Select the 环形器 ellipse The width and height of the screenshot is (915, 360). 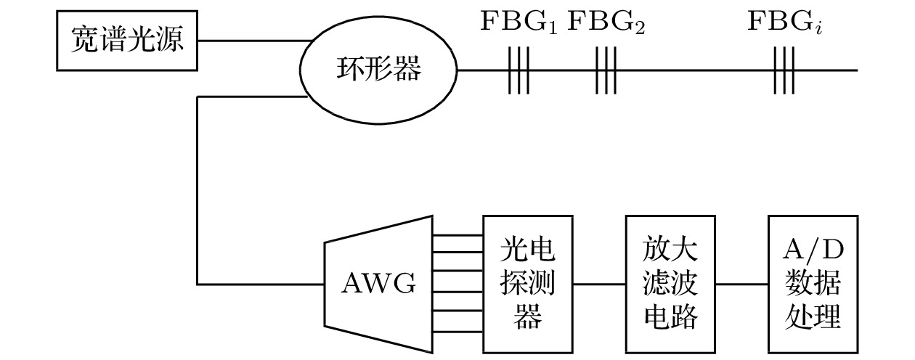pos(378,70)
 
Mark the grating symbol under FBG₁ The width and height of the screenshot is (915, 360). pos(518,70)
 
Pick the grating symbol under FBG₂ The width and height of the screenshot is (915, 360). pos(606,70)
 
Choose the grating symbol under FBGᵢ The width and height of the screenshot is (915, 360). pos(784,70)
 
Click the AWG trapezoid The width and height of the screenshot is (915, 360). pos(378,283)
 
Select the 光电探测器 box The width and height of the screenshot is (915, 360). pos(527,283)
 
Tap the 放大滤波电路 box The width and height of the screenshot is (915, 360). pos(670,283)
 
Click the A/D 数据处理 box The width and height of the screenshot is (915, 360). pos(813,283)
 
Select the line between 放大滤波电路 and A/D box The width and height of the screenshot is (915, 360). pos(741,283)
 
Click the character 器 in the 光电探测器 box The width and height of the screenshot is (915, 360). pos(527,316)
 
